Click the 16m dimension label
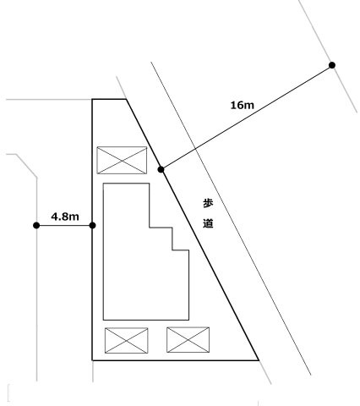243,106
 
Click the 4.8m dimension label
65,217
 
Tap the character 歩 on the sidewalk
208,203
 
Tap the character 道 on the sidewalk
208,223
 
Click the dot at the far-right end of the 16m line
332,65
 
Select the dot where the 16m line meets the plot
161,169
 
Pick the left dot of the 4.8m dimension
36,225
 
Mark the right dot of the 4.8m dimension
92,225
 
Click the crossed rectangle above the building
122,160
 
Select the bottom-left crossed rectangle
126,340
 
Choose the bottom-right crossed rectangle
188,340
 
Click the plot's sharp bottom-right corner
259,360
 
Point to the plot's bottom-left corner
92,360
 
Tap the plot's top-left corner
92,99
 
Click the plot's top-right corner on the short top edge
126,99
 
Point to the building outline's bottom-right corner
188,320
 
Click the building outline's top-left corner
103,184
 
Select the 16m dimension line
247,118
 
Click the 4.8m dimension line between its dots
64,225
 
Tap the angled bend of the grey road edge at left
36,178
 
